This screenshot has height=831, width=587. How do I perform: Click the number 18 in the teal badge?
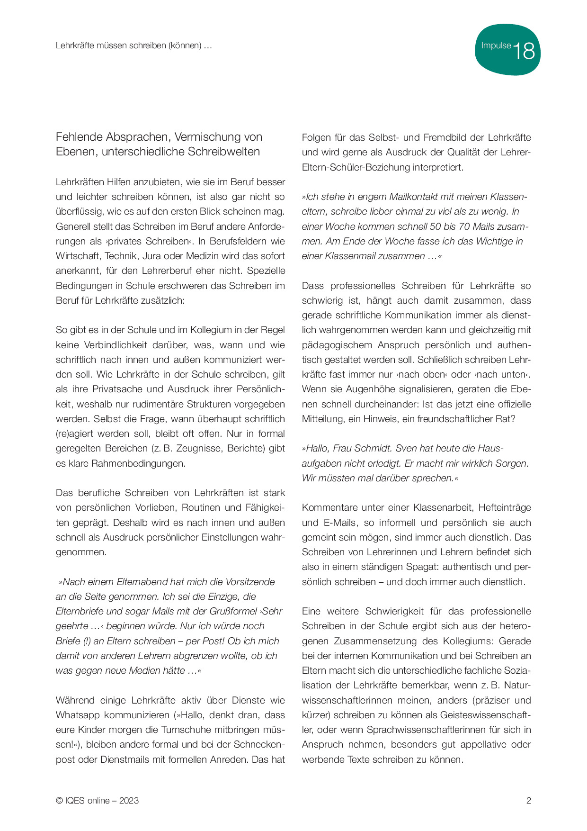click(x=524, y=51)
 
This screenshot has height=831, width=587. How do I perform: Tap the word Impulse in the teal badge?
click(x=496, y=45)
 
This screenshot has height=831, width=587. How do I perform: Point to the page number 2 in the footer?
click(x=529, y=801)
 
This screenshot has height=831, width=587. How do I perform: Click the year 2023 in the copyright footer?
click(x=129, y=801)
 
